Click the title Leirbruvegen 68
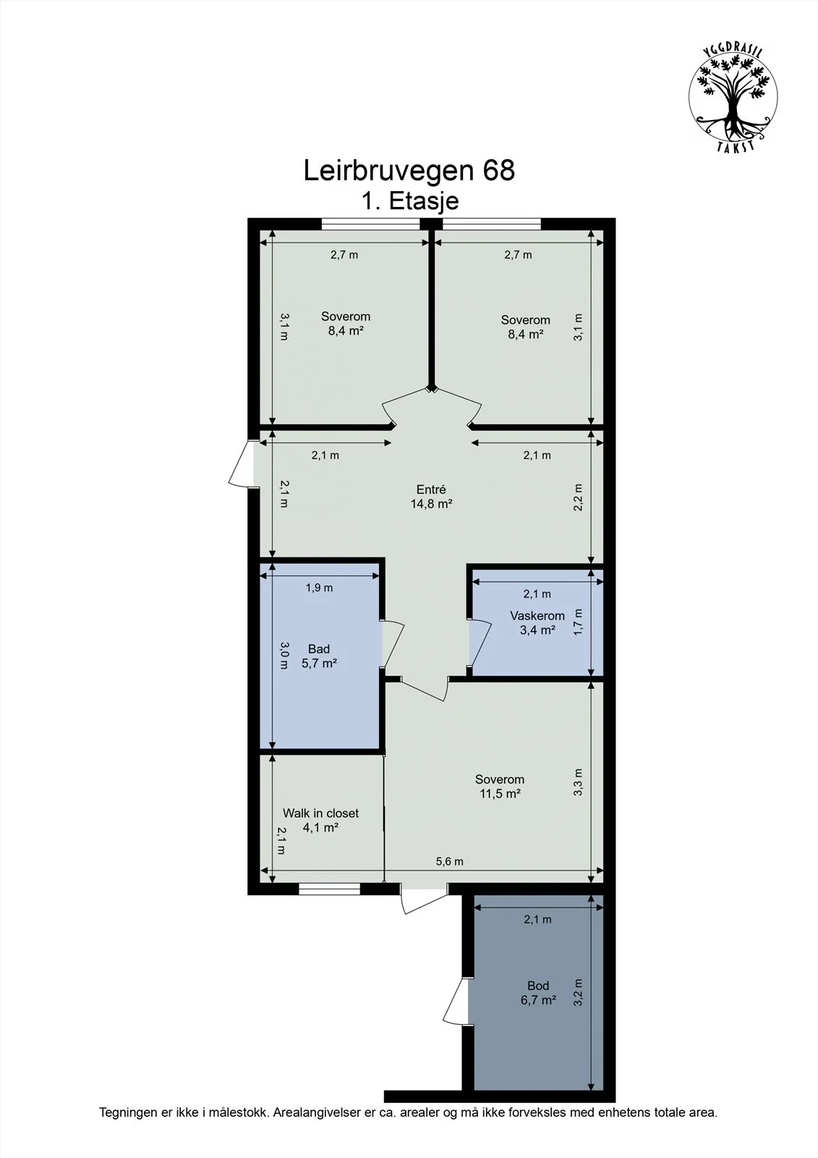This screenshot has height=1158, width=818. point(409,170)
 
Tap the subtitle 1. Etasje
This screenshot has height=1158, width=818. point(409,200)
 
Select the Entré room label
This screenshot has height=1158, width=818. point(431,489)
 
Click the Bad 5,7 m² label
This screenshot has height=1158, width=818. point(319,656)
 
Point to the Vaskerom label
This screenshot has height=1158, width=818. point(537,616)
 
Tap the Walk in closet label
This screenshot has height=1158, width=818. point(320,813)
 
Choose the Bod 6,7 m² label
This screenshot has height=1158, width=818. point(538,992)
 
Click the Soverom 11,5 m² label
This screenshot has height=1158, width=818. point(500,786)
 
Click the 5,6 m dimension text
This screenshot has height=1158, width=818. point(450,861)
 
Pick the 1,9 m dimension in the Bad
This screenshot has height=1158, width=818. point(320,588)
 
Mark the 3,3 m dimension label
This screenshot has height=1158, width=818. point(578,782)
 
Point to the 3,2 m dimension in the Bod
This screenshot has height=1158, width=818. point(578,992)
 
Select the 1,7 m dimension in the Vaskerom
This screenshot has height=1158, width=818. point(578,622)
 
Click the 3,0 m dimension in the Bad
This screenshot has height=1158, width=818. point(284,656)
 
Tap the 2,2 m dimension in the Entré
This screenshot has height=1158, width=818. point(578,497)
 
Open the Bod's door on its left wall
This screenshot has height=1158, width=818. point(455,1001)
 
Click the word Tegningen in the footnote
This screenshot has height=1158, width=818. point(127,1112)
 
